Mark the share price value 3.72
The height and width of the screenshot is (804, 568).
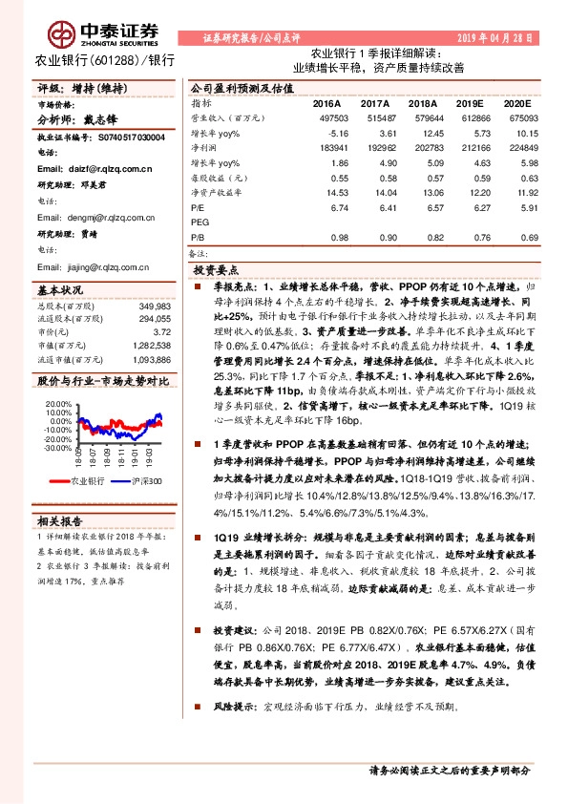tap(162, 330)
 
